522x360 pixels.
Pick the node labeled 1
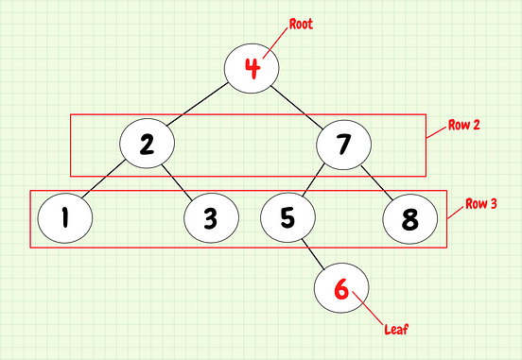64,218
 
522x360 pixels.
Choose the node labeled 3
210,218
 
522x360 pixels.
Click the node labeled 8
410,218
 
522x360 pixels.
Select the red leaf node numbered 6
341,288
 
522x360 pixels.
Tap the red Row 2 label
464,125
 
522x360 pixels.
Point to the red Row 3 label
481,205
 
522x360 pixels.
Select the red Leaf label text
396,330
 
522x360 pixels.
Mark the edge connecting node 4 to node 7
298,106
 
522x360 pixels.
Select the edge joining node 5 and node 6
314,253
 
